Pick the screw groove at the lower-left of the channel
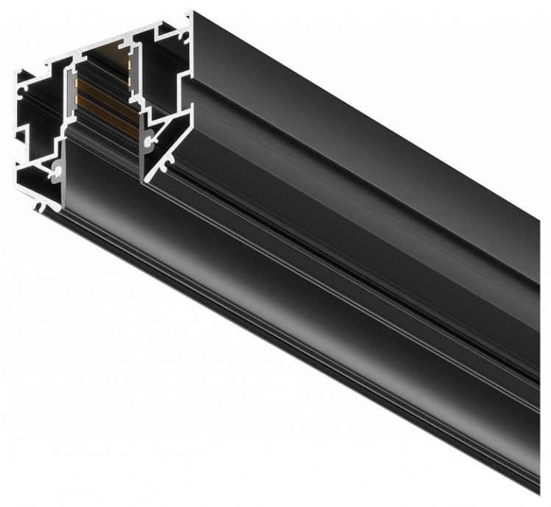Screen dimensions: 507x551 tap(57, 169)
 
